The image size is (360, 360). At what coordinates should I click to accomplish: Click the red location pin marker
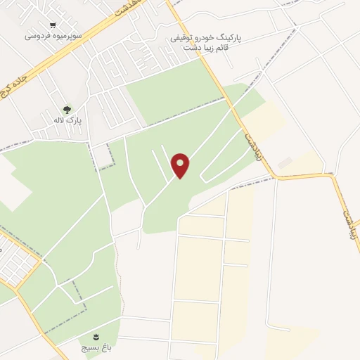pos(181,165)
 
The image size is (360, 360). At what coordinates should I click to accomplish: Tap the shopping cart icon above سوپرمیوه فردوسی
pos(51,23)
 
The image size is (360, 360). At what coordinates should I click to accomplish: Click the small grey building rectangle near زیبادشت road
pos(284,163)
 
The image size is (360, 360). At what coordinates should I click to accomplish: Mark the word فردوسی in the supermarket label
pos(36,34)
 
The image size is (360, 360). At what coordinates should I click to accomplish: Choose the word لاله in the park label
pos(63,121)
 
